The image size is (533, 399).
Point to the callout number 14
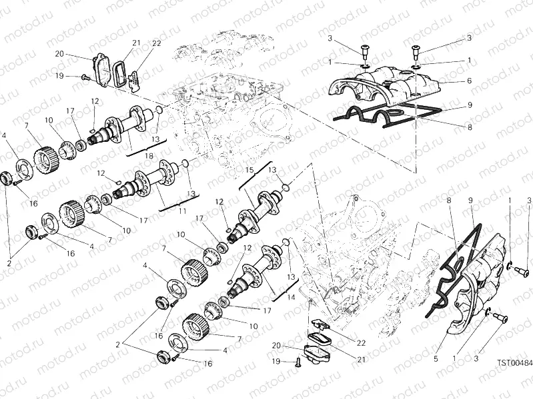coord(290,280)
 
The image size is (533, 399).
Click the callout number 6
coord(470,81)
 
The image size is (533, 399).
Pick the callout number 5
coord(436,358)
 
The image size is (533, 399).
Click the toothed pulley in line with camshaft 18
coord(43,158)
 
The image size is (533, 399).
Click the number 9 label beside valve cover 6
coord(470,105)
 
